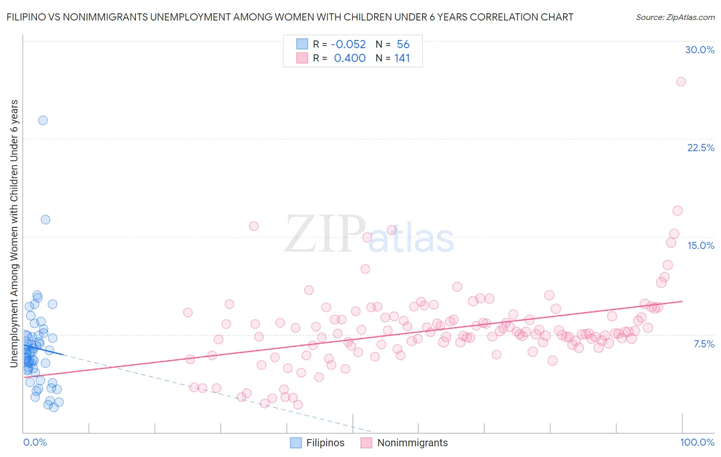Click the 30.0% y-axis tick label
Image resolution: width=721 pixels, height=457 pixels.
(699, 50)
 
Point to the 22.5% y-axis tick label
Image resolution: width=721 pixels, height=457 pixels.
(700, 148)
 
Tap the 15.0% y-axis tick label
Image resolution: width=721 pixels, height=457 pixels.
(700, 245)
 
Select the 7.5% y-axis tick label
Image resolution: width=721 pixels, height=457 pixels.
(704, 344)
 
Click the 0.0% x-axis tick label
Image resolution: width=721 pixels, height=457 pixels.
(35, 442)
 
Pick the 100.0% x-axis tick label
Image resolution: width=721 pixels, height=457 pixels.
(697, 442)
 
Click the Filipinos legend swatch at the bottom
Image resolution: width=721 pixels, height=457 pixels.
(296, 443)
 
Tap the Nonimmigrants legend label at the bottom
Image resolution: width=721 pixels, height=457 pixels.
(412, 443)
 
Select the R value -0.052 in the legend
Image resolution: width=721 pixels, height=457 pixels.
(348, 45)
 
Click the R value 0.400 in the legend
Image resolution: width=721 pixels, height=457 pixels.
(350, 58)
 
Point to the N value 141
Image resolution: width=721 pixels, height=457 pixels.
(402, 58)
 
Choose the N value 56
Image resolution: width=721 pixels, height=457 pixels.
(403, 45)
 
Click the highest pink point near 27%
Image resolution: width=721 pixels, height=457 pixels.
(681, 81)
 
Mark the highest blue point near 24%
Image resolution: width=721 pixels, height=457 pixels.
(43, 120)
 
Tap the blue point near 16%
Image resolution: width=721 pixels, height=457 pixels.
(45, 219)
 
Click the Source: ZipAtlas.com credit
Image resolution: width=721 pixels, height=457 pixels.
(675, 17)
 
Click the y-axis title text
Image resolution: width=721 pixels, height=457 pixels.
(14, 233)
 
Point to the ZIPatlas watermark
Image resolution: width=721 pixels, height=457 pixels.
(369, 235)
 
